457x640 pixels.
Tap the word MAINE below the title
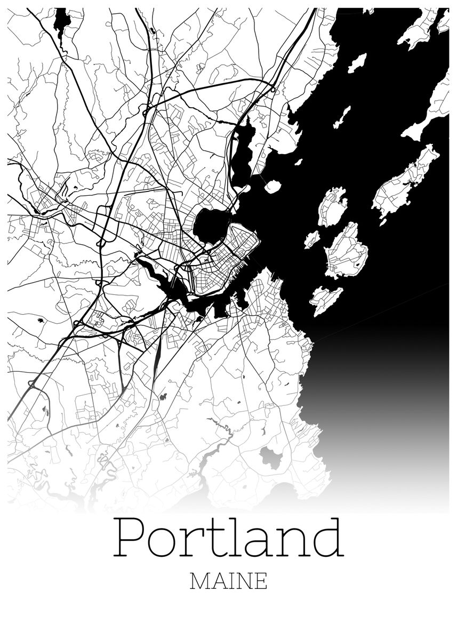pos(228,581)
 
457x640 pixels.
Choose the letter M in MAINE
pos(199,581)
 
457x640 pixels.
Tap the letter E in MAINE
pos(261,581)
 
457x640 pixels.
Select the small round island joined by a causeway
pos(272,187)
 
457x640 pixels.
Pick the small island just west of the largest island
pos(312,239)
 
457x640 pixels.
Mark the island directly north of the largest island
pos(333,207)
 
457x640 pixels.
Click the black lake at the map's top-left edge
pos(62,20)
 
